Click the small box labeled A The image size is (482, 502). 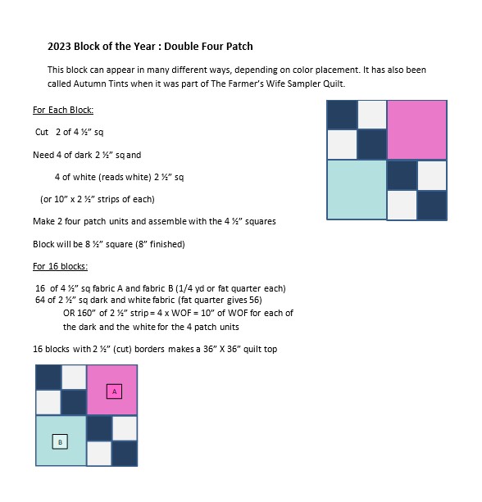pos(114,391)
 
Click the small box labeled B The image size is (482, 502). pos(60,442)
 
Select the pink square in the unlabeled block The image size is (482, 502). pos(417,129)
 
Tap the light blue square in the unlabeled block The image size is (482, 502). pos(357,190)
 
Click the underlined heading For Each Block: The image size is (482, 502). pos(63,110)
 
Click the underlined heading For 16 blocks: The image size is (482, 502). pos(61,266)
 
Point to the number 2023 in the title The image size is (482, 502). pos(59,47)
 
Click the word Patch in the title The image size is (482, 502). pos(239,47)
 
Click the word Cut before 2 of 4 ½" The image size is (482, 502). pos(42,132)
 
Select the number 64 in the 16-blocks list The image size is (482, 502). pos(40,300)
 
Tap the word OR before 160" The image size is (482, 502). pos(69,313)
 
